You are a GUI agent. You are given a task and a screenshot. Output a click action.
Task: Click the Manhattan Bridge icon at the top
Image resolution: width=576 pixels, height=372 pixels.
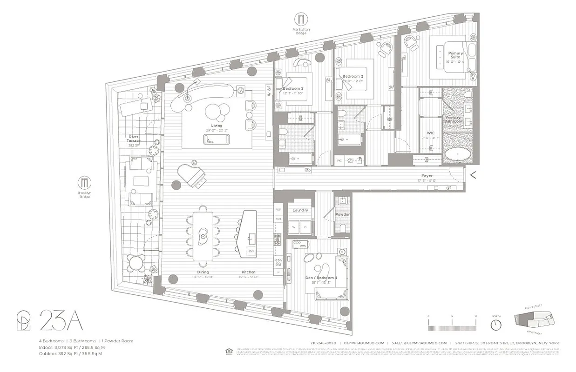pyautogui.click(x=301, y=19)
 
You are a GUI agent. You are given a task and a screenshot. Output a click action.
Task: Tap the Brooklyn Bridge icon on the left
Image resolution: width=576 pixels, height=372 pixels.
pyautogui.click(x=85, y=182)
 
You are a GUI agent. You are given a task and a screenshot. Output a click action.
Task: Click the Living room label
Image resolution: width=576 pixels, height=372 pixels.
pyautogui.click(x=217, y=126)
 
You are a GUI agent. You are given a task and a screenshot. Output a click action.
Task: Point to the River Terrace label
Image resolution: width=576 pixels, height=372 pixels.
pyautogui.click(x=134, y=138)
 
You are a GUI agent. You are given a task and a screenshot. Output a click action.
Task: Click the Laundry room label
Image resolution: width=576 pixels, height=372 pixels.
pyautogui.click(x=300, y=210)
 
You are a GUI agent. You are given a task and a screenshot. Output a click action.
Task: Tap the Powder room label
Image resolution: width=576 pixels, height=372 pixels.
pyautogui.click(x=342, y=214)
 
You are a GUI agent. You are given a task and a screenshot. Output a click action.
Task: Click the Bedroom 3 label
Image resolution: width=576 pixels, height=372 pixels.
pyautogui.click(x=293, y=88)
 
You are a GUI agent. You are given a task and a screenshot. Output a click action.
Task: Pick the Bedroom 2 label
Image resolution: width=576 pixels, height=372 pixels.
pyautogui.click(x=352, y=76)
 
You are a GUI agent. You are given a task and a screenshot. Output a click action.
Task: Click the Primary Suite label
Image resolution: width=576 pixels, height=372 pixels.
pyautogui.click(x=455, y=55)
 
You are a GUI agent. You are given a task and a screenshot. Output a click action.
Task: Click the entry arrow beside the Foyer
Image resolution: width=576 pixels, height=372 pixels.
pyautogui.click(x=473, y=175)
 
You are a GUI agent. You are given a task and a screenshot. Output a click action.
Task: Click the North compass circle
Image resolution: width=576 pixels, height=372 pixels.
pyautogui.click(x=496, y=324)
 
